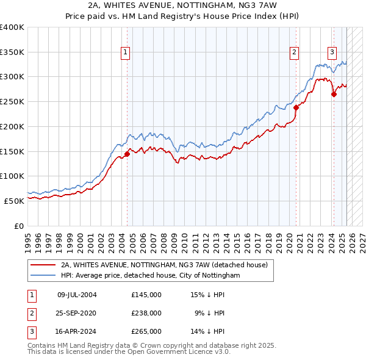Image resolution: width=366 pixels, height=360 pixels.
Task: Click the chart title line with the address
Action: (x=183, y=6)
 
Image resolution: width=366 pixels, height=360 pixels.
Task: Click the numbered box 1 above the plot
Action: (x=125, y=52)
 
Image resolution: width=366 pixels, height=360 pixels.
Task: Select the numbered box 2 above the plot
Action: (x=294, y=52)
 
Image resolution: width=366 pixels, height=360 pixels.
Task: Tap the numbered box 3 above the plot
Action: (x=332, y=52)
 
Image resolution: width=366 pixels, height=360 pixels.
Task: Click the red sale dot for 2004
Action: (x=127, y=154)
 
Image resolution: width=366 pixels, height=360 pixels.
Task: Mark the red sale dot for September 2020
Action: (x=296, y=107)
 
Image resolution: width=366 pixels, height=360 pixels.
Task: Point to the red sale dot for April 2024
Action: (x=334, y=94)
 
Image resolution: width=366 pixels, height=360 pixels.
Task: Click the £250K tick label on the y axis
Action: (x=12, y=102)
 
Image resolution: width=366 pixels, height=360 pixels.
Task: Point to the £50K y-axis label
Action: (x=15, y=201)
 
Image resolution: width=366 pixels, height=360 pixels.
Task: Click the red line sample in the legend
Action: (x=42, y=265)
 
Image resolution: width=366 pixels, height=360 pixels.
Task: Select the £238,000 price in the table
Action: (x=146, y=313)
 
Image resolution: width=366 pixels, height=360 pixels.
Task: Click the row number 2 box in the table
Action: (x=31, y=313)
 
